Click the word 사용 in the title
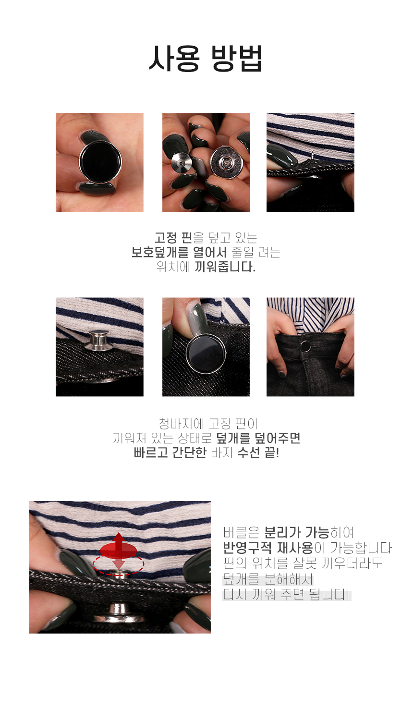tap(174, 58)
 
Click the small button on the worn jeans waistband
tap(305, 346)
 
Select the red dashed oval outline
tap(118, 564)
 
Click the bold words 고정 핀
tap(173, 238)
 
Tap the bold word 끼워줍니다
tap(225, 267)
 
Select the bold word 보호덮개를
tap(160, 252)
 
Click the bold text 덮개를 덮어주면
tap(258, 438)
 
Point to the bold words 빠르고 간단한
tap(170, 452)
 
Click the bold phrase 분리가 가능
tap(297, 533)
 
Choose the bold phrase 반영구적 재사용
tap(268, 547)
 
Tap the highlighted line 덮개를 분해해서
tap(268, 579)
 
